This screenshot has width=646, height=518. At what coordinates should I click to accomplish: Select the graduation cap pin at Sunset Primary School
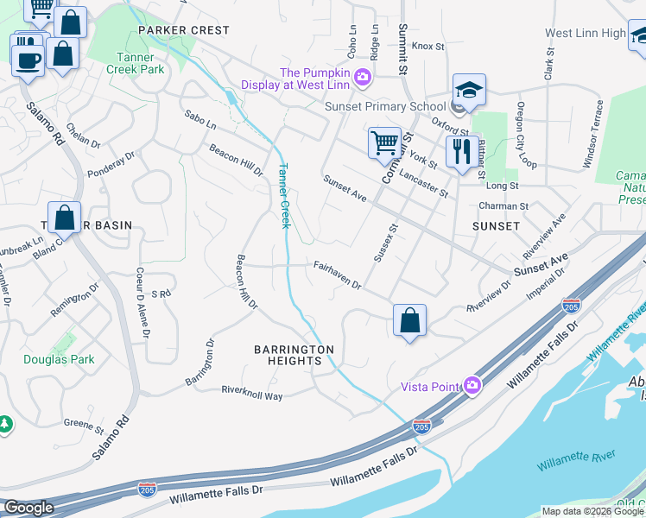pyautogui.click(x=469, y=89)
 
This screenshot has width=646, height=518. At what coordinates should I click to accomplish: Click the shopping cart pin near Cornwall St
pyautogui.click(x=384, y=142)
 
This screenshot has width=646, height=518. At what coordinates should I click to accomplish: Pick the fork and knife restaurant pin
pyautogui.click(x=462, y=151)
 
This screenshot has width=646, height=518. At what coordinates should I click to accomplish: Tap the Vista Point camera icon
pyautogui.click(x=472, y=386)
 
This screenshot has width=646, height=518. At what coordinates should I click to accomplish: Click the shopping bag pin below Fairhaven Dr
pyautogui.click(x=409, y=320)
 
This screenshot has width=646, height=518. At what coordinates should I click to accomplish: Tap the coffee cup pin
pyautogui.click(x=28, y=59)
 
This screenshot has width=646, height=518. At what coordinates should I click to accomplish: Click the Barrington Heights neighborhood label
pyautogui.click(x=294, y=355)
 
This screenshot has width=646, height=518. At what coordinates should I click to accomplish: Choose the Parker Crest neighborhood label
pyautogui.click(x=184, y=30)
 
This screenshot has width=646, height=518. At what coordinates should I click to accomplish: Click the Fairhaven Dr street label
pyautogui.click(x=337, y=275)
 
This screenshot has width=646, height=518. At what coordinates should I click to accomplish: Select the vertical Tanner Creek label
pyautogui.click(x=282, y=196)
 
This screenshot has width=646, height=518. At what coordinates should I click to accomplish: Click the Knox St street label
pyautogui.click(x=427, y=46)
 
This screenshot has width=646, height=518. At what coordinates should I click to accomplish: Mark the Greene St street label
pyautogui.click(x=84, y=426)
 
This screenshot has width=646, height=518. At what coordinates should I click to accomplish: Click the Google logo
pyautogui.click(x=28, y=508)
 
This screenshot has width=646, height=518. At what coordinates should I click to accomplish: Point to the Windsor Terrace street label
pyautogui.click(x=594, y=134)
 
